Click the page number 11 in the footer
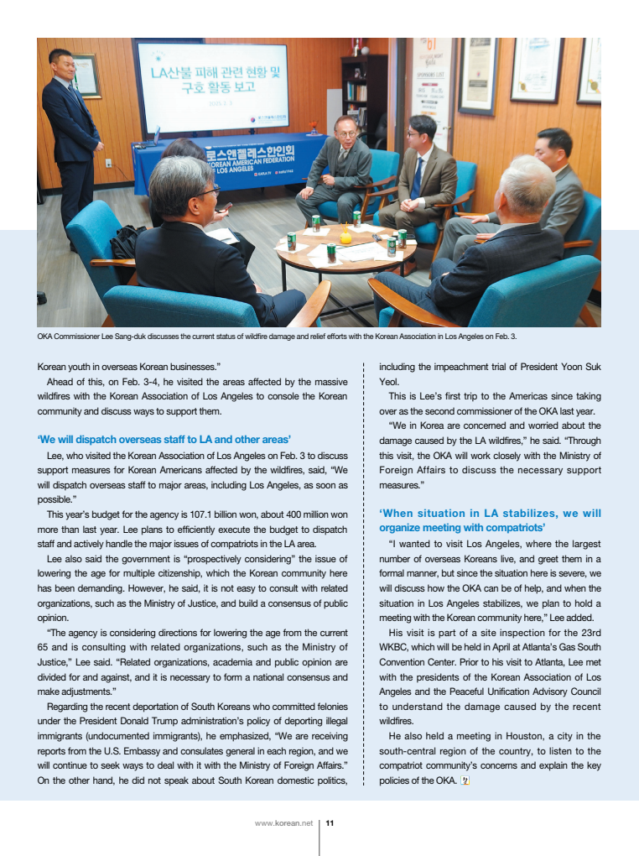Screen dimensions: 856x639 click(330, 823)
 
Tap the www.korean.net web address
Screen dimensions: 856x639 click(283, 823)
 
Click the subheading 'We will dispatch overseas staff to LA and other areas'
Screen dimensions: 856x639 click(164, 439)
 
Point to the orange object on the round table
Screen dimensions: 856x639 click(345, 237)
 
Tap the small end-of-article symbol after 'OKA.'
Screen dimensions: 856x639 click(466, 781)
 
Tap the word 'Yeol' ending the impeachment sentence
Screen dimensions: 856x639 click(388, 380)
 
